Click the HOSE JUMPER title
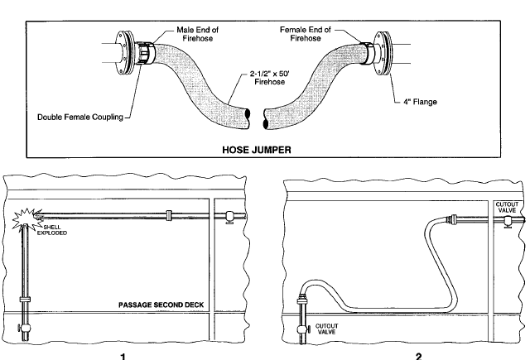257,150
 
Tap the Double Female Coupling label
80,118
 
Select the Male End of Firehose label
198,34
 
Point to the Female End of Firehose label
306,34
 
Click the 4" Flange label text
420,102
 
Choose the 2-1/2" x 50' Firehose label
270,78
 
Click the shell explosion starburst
26,218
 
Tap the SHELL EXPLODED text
52,230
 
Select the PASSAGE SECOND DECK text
161,305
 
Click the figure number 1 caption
123,357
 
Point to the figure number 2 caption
419,357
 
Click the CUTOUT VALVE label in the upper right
507,208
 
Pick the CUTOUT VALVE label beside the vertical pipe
326,329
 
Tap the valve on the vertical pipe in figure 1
24,328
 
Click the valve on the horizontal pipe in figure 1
229,217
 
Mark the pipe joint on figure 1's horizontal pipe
169,215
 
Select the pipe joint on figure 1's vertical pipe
25,300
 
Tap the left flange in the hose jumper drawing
123,52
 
